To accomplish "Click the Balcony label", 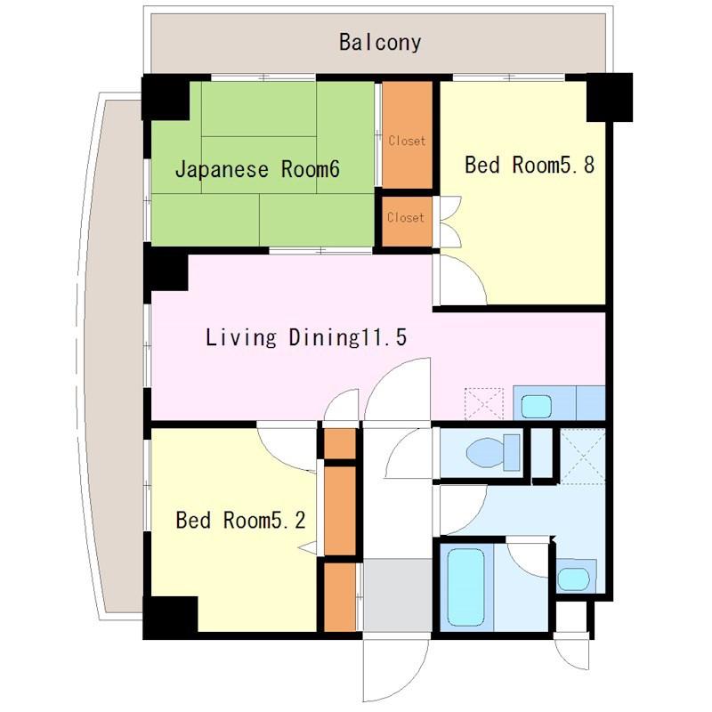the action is click(x=380, y=42).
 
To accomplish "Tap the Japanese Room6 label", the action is click(x=257, y=169).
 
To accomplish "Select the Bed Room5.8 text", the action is click(x=530, y=165).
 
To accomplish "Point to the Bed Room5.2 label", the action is click(x=240, y=520).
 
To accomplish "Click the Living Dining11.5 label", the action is click(x=306, y=337).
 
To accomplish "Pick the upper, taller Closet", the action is click(x=407, y=135).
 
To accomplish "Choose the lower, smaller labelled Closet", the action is click(x=407, y=221).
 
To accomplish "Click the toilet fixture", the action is click(x=493, y=453).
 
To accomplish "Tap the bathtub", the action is click(x=465, y=587).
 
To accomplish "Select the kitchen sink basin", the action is click(x=537, y=406).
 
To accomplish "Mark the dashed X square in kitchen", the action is click(x=484, y=404).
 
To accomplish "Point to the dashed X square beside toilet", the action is click(x=583, y=456).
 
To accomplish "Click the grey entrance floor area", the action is click(x=397, y=595).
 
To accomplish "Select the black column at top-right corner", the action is click(x=610, y=97).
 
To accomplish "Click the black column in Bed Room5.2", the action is click(x=170, y=618).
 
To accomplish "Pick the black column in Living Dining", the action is click(x=166, y=271).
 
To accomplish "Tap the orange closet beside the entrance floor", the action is click(x=340, y=597).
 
